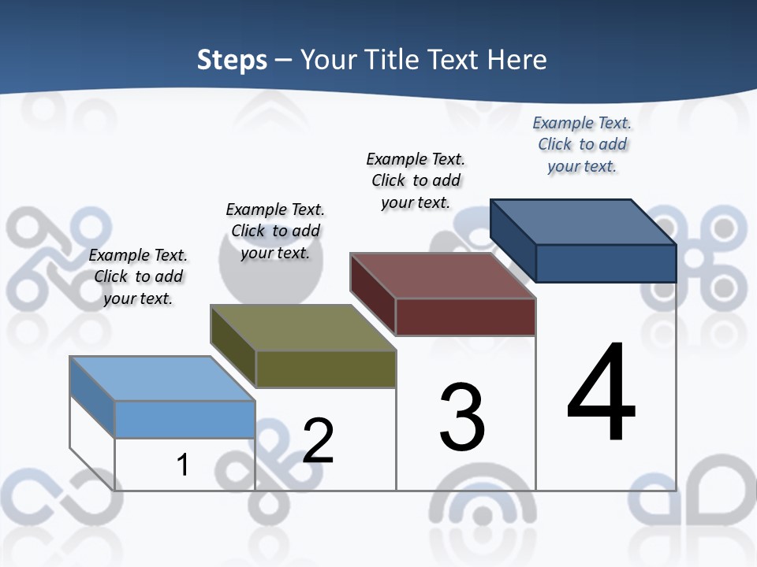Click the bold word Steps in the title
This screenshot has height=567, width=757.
click(232, 60)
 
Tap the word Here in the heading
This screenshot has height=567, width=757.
click(517, 60)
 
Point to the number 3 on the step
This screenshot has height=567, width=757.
click(462, 417)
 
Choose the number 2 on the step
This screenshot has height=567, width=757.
click(318, 441)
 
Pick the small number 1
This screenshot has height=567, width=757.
click(183, 465)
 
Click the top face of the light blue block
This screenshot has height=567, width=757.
click(162, 378)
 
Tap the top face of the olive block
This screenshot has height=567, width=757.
click(303, 328)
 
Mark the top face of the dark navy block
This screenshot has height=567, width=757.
click(584, 222)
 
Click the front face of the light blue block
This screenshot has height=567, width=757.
click(185, 419)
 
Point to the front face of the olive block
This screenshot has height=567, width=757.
click(326, 369)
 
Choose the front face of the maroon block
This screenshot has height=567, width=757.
click(465, 317)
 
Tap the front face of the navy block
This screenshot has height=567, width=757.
click(606, 263)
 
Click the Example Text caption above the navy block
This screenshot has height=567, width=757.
click(582, 144)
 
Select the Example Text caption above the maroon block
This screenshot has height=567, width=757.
click(416, 180)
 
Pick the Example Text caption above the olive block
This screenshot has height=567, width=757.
click(275, 231)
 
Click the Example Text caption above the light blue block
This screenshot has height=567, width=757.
click(138, 276)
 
